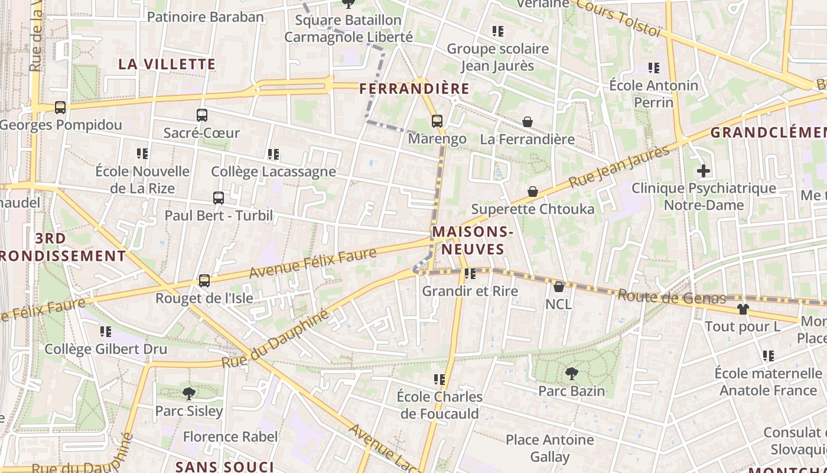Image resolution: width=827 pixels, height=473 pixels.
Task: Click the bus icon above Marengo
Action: (x=437, y=121)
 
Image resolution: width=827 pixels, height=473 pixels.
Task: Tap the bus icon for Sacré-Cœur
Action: (x=202, y=115)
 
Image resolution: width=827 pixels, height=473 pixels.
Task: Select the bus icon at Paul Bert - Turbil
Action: (x=219, y=198)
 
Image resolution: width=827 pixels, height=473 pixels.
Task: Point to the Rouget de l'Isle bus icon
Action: (x=204, y=281)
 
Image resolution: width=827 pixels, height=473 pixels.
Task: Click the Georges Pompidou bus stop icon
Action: (x=60, y=108)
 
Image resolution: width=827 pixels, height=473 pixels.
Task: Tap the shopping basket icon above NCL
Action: (x=558, y=287)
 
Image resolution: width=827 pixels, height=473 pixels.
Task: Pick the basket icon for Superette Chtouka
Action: (x=533, y=192)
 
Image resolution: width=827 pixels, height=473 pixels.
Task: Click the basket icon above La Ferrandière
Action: (x=528, y=122)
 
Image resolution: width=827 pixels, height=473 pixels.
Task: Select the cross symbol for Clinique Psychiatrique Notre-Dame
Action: (x=704, y=171)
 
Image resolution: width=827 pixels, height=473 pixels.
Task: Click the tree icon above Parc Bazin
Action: (x=571, y=374)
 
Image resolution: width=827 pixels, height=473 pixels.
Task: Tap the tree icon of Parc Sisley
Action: (x=188, y=393)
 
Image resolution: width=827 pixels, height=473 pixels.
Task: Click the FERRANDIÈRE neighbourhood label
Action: (x=414, y=89)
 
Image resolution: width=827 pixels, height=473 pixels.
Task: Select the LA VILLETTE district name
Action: (x=167, y=64)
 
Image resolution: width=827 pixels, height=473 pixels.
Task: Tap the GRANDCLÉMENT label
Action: (x=768, y=132)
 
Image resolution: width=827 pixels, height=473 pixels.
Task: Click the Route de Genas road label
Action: (x=672, y=297)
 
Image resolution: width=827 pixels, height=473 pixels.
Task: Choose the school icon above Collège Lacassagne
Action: (x=274, y=154)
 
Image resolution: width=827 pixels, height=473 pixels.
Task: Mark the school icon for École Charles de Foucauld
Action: (x=439, y=379)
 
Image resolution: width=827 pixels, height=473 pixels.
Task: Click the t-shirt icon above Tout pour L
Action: (x=743, y=309)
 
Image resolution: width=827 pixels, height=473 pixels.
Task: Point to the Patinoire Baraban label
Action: (x=205, y=17)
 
